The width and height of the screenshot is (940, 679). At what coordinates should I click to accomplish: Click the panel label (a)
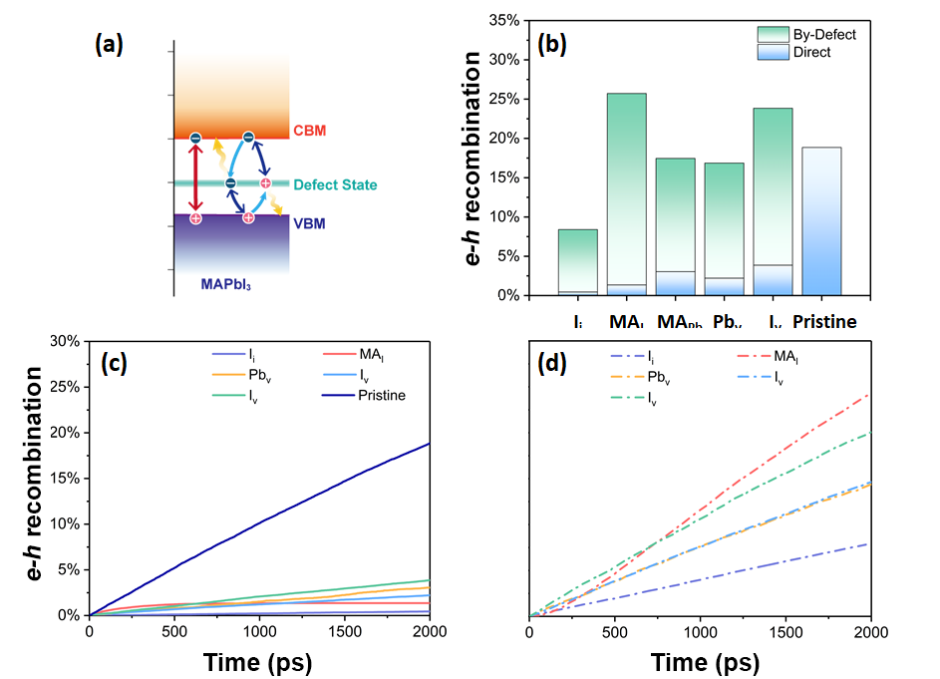[x=109, y=45]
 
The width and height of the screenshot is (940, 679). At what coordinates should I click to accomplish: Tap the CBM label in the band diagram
[x=309, y=132]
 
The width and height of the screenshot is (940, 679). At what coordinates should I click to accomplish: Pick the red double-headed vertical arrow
[x=195, y=176]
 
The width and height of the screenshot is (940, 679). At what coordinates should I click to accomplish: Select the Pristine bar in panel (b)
[x=815, y=221]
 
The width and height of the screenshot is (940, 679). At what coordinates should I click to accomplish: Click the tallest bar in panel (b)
[x=626, y=194]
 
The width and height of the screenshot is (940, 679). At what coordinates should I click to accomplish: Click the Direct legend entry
[x=812, y=52]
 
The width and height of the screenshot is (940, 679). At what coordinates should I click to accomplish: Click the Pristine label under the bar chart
[x=823, y=322]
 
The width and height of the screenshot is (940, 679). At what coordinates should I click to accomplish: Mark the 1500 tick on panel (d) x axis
[x=785, y=631]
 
